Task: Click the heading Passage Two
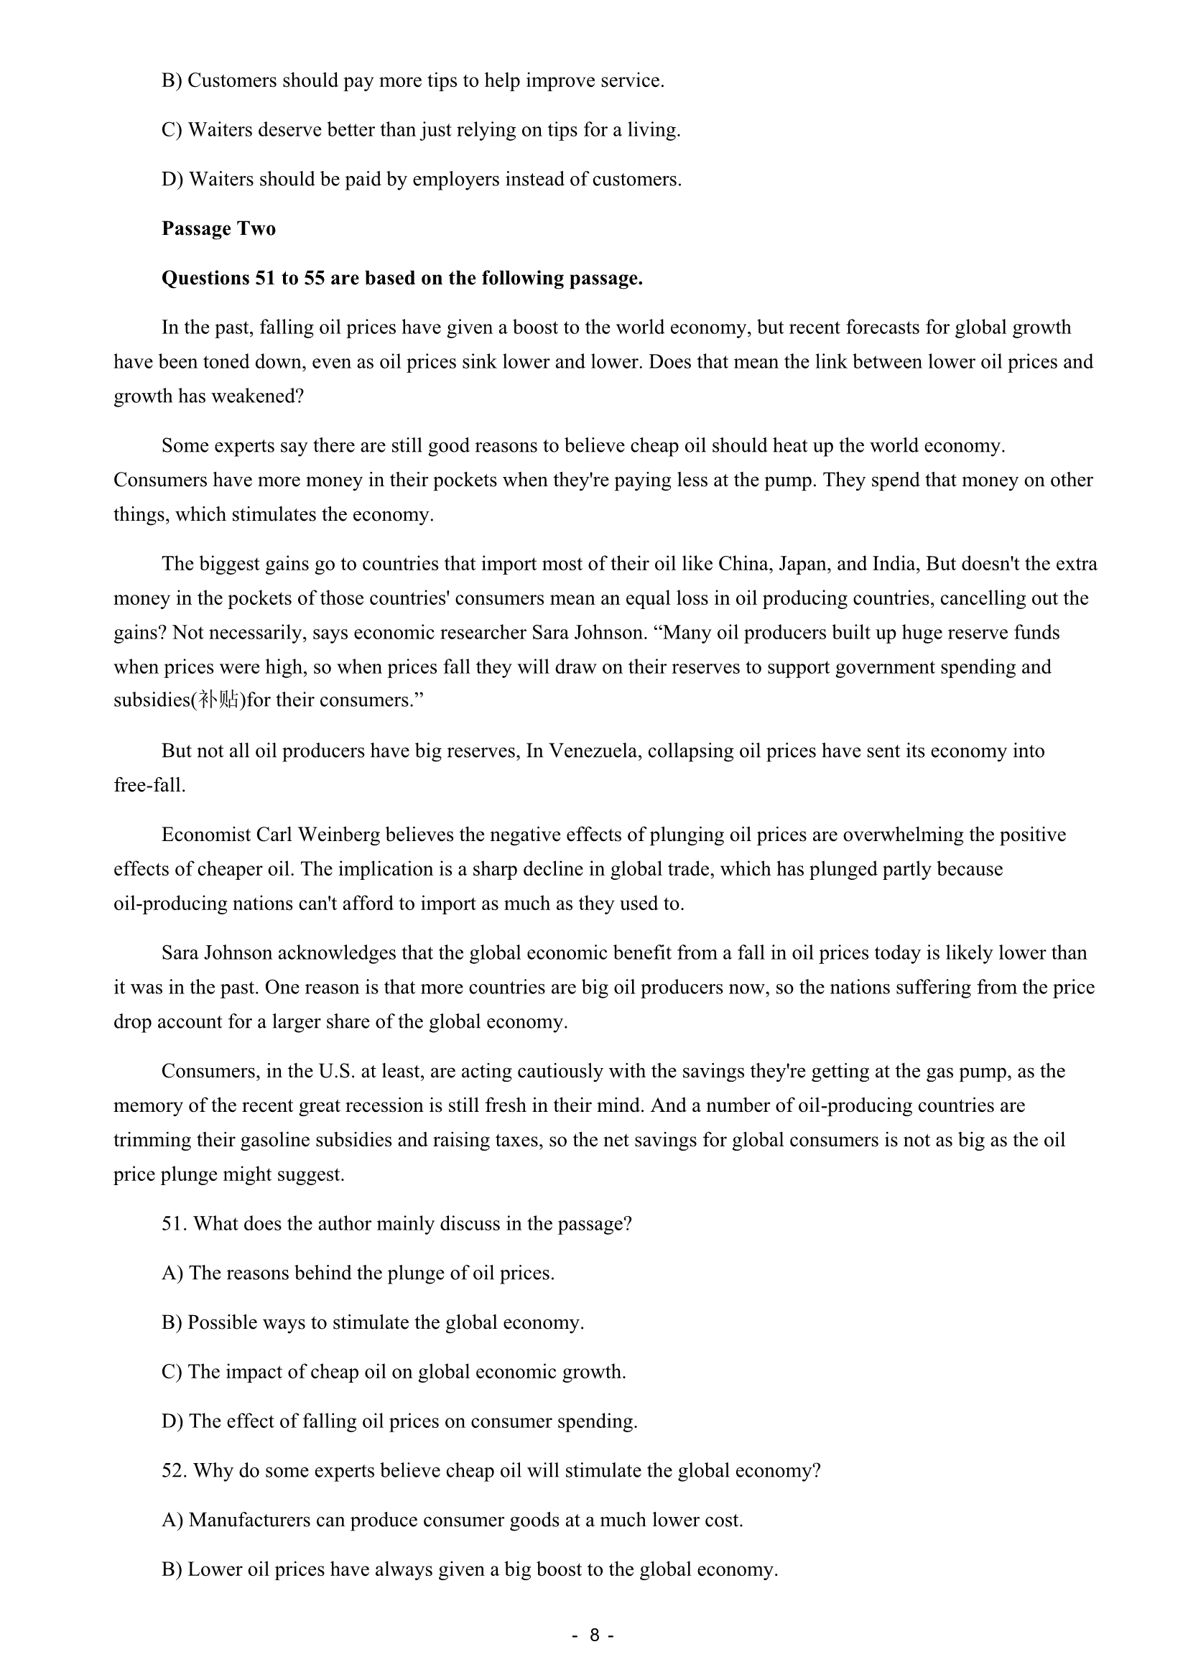pyautogui.click(x=218, y=229)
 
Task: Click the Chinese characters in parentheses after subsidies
pyautogui.click(x=218, y=700)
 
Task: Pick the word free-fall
pyautogui.click(x=149, y=786)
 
